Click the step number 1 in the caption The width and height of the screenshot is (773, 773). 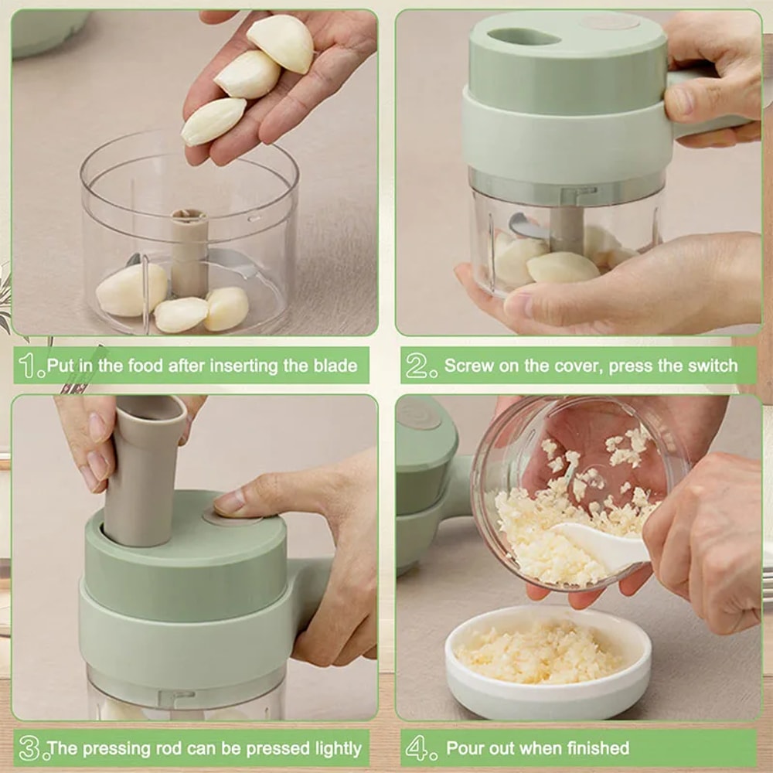(x=31, y=366)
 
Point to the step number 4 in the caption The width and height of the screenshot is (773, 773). (x=417, y=748)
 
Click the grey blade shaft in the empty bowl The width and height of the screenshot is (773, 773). (x=189, y=251)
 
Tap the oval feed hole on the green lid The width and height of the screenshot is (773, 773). (x=525, y=36)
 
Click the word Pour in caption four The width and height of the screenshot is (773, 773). (x=466, y=748)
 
